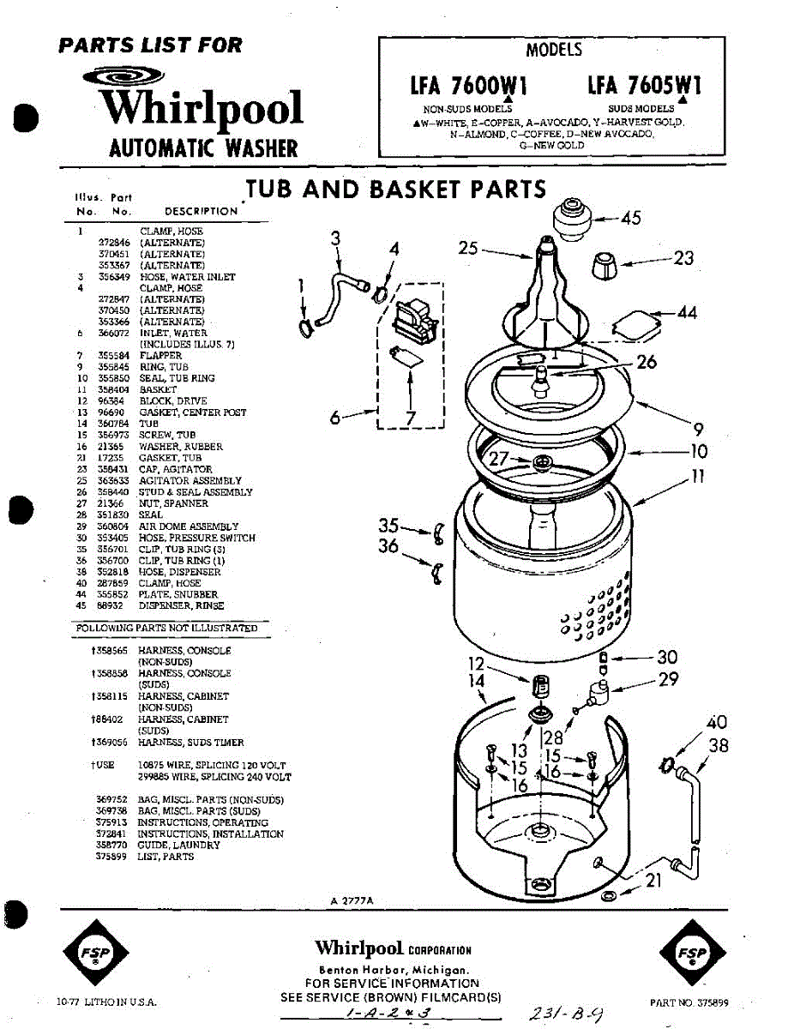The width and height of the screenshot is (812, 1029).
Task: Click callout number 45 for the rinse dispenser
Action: pos(630,219)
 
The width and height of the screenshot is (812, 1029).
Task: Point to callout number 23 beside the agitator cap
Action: pos(683,257)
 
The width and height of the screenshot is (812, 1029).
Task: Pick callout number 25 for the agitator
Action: pos(468,249)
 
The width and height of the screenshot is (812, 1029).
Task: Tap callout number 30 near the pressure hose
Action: pos(666,658)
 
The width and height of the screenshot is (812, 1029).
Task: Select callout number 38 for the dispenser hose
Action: pos(719,746)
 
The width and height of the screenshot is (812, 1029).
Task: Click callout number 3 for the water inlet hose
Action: pos(336,238)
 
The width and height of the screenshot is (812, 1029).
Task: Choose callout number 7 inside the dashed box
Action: pos(411,418)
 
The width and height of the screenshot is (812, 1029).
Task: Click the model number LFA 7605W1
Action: pos(645,85)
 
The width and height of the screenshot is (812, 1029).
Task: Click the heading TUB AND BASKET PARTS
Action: pos(395,189)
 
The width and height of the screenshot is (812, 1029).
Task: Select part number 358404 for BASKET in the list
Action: pos(113,389)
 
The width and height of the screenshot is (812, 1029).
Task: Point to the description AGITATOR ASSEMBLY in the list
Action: pos(190,481)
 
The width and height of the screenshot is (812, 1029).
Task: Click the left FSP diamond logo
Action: pos(96,954)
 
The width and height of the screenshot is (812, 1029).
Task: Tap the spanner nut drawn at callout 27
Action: pos(541,463)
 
